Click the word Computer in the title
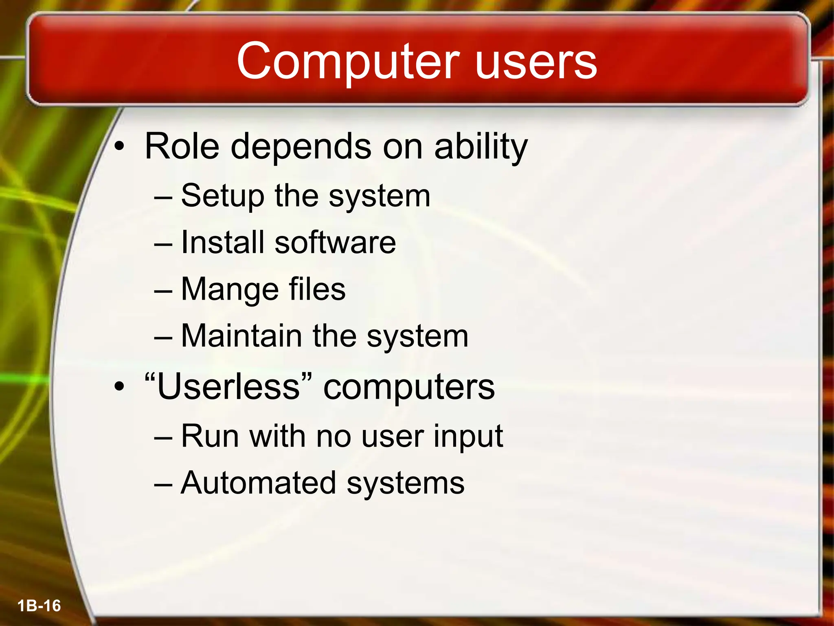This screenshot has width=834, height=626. point(348,62)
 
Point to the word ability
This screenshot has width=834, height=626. point(481,147)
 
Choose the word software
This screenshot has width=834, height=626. point(335,242)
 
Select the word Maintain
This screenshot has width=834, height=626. point(241,336)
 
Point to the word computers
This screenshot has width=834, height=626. point(409,387)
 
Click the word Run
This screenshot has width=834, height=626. point(210,436)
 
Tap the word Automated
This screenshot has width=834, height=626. point(258,483)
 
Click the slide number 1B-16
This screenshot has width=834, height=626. point(39,606)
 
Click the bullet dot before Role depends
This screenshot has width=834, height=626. point(119,147)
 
